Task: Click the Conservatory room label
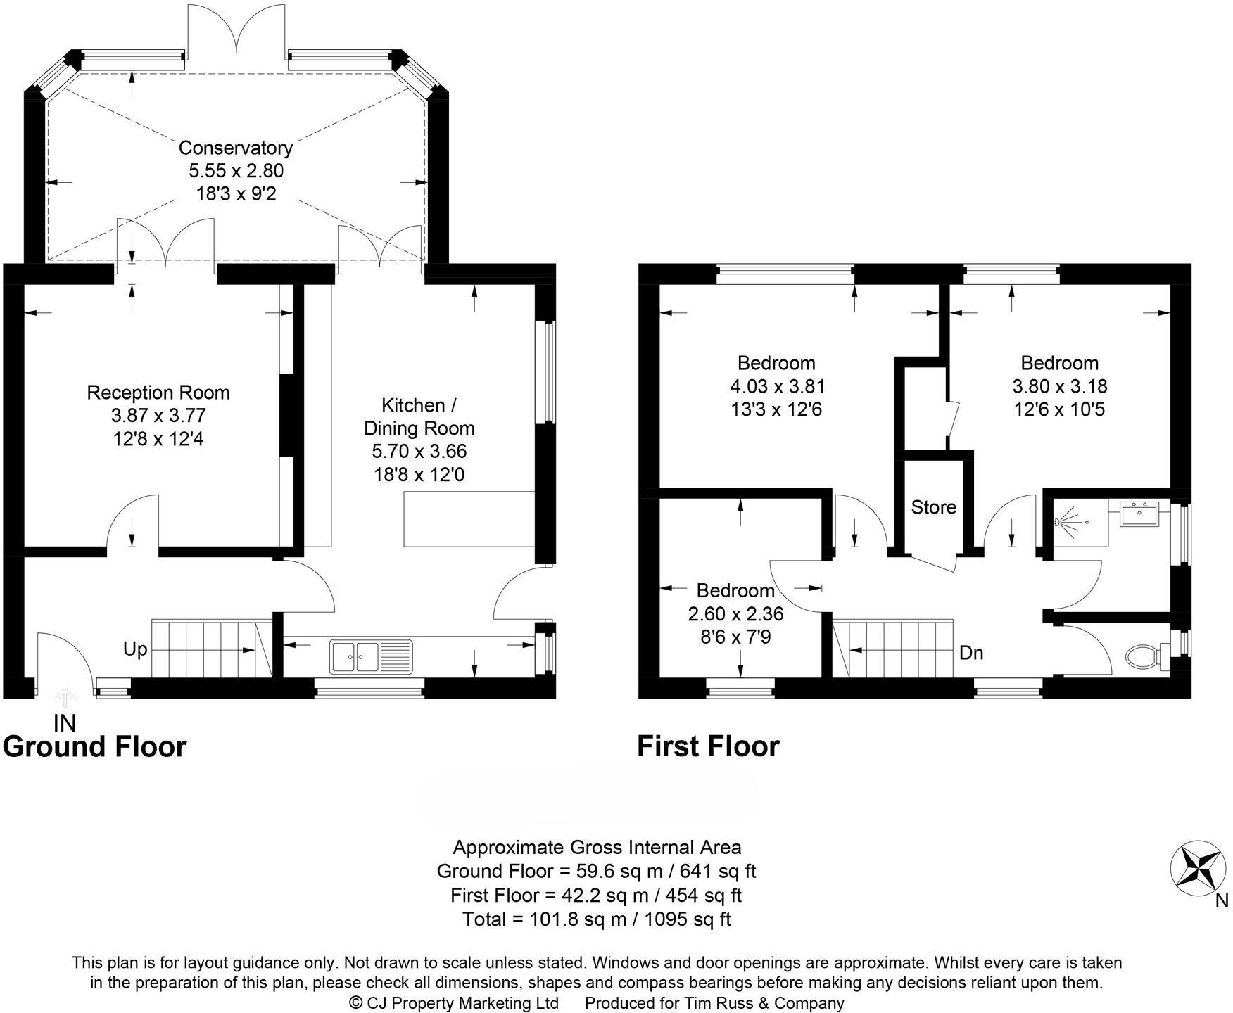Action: pos(235,148)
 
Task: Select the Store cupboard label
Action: pos(933,507)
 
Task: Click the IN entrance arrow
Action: pos(65,699)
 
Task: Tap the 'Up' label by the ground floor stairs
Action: pos(135,649)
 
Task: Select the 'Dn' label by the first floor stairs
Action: pos(971,653)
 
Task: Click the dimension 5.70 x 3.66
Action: pos(419,451)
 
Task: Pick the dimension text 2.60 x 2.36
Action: pos(735,613)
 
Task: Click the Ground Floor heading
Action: pos(95,746)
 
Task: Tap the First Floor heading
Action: pos(708,746)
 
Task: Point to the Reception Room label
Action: pos(158,393)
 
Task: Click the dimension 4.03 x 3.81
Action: pos(777,386)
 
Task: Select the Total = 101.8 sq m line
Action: pos(596,919)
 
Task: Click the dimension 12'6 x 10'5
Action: pos(1059,409)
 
